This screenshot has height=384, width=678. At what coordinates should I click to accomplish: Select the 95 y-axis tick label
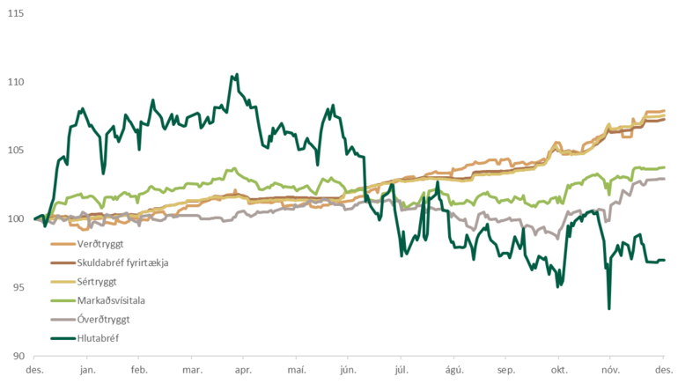(17, 287)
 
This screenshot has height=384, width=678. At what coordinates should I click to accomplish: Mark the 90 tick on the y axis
(17, 356)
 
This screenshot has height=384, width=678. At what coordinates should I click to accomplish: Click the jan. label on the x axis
(87, 372)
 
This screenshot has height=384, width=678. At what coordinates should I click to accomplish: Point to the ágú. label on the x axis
(453, 372)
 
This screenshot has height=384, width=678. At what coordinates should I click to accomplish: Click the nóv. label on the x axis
(611, 372)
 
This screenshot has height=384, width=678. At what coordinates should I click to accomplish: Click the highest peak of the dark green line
(236, 75)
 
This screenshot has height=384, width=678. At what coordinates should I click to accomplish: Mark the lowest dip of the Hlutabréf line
(608, 308)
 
